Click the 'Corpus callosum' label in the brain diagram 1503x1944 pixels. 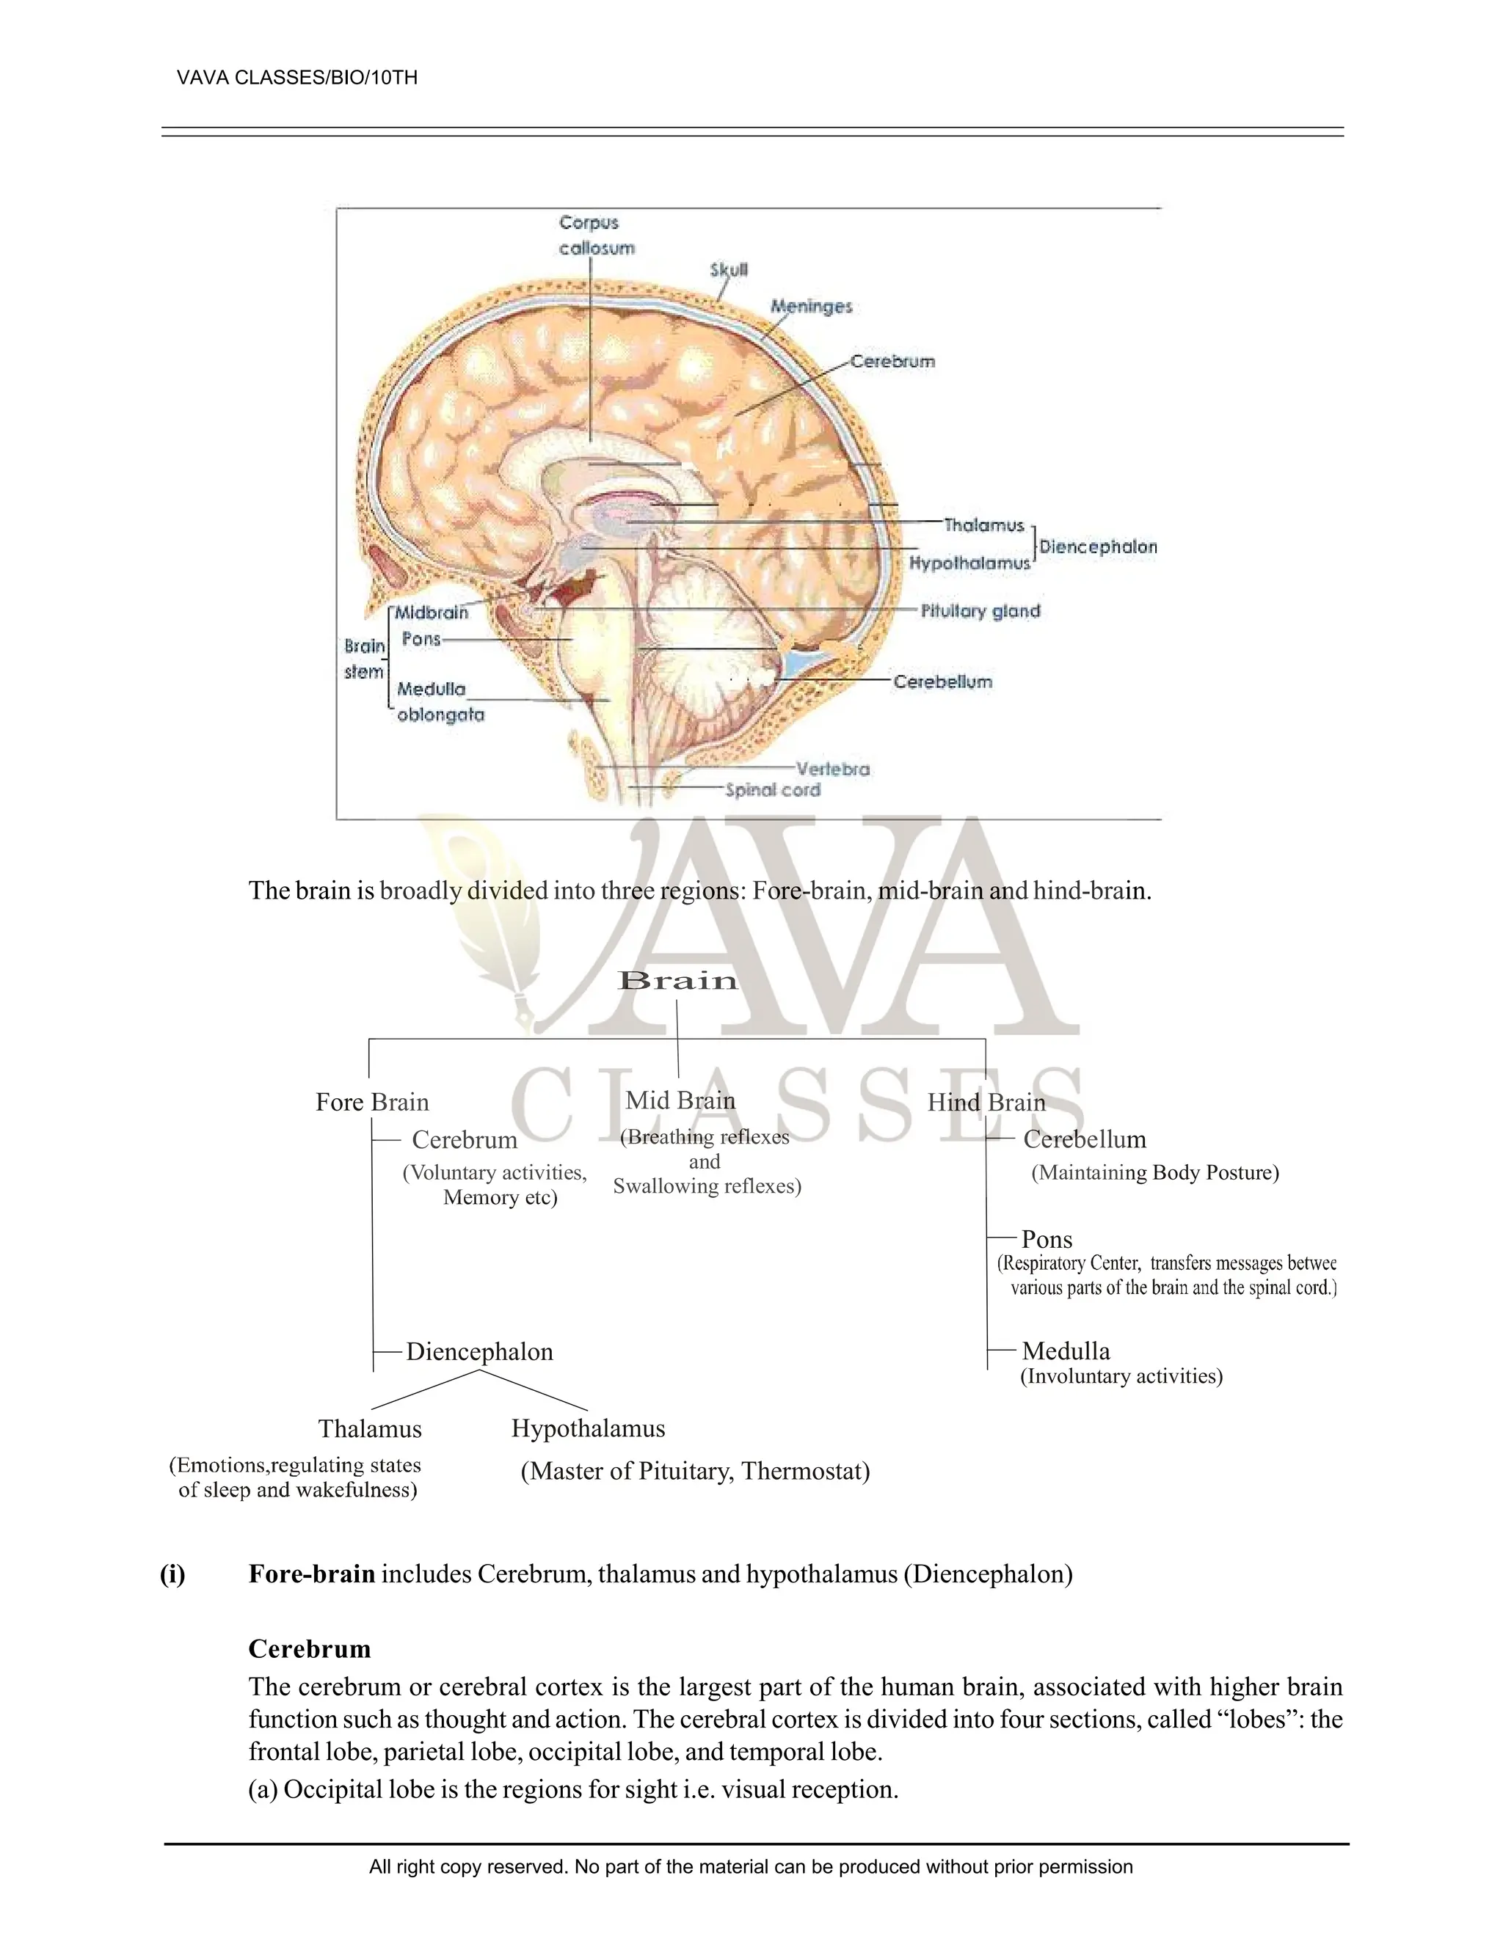click(597, 235)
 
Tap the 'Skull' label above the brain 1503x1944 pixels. click(728, 270)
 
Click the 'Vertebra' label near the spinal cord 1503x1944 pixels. click(832, 768)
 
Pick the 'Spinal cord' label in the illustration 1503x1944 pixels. click(772, 789)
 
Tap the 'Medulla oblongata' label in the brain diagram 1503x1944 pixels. click(439, 701)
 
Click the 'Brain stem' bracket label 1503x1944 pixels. click(365, 659)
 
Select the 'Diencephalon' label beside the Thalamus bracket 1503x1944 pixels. click(1098, 547)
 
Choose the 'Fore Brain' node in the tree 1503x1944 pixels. click(372, 1102)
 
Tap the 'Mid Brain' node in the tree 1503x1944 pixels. click(680, 1100)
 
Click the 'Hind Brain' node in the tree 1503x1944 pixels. click(986, 1102)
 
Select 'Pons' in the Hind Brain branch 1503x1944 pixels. click(1047, 1239)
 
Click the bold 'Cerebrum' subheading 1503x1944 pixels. click(310, 1649)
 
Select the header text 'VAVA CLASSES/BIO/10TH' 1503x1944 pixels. click(297, 78)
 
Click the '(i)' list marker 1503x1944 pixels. click(172, 1574)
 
